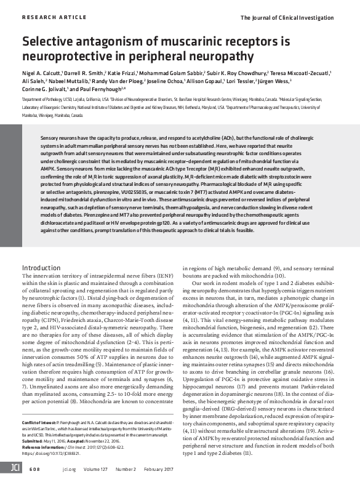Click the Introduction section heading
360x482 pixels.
point(41,268)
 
